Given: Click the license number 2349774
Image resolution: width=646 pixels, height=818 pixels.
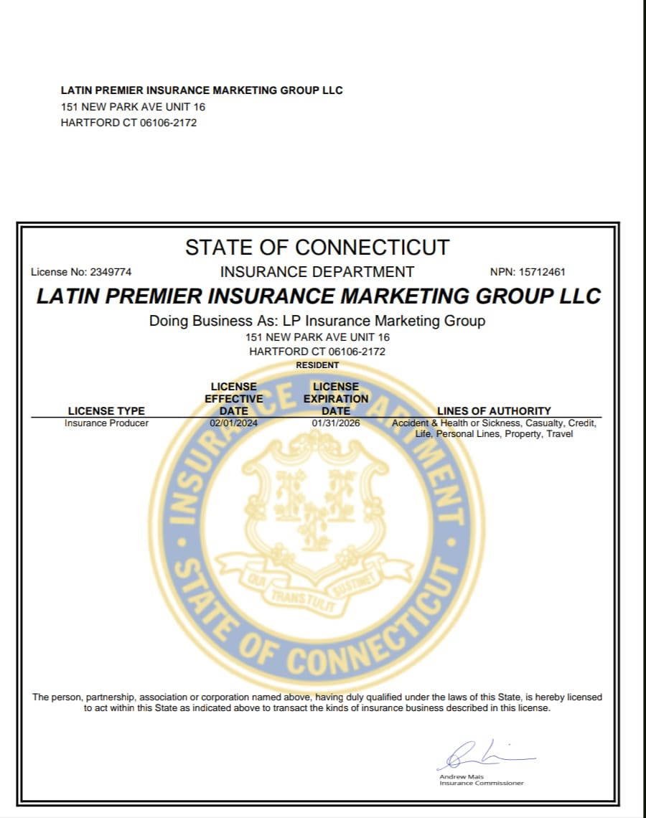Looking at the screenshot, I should tap(111, 273).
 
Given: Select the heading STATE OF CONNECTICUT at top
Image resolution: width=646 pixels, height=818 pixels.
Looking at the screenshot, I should tap(317, 248).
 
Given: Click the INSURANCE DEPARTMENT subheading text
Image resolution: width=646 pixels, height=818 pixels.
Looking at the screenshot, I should tap(317, 272).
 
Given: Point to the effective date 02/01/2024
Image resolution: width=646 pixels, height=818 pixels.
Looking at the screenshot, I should tap(233, 423).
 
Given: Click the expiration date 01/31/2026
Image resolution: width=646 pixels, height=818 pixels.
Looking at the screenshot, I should tap(336, 423).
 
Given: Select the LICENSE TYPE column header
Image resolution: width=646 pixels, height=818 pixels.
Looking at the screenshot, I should tap(106, 411).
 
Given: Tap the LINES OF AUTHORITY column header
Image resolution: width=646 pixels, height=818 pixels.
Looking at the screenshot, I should tap(494, 411).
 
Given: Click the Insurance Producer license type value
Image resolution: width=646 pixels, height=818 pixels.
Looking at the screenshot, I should tap(106, 423).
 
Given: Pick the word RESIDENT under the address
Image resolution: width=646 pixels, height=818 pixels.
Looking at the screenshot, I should tap(317, 365).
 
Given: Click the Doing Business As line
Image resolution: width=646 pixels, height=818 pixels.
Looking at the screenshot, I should tap(317, 321).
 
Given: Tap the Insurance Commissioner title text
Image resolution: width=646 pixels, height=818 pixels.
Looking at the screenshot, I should tap(481, 784).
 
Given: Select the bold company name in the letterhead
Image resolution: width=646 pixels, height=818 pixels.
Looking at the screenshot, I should tap(202, 90).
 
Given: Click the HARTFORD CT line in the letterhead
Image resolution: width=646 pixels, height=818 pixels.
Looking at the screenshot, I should tap(128, 123).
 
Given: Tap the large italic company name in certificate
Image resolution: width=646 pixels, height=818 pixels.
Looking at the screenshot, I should tap(319, 296).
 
